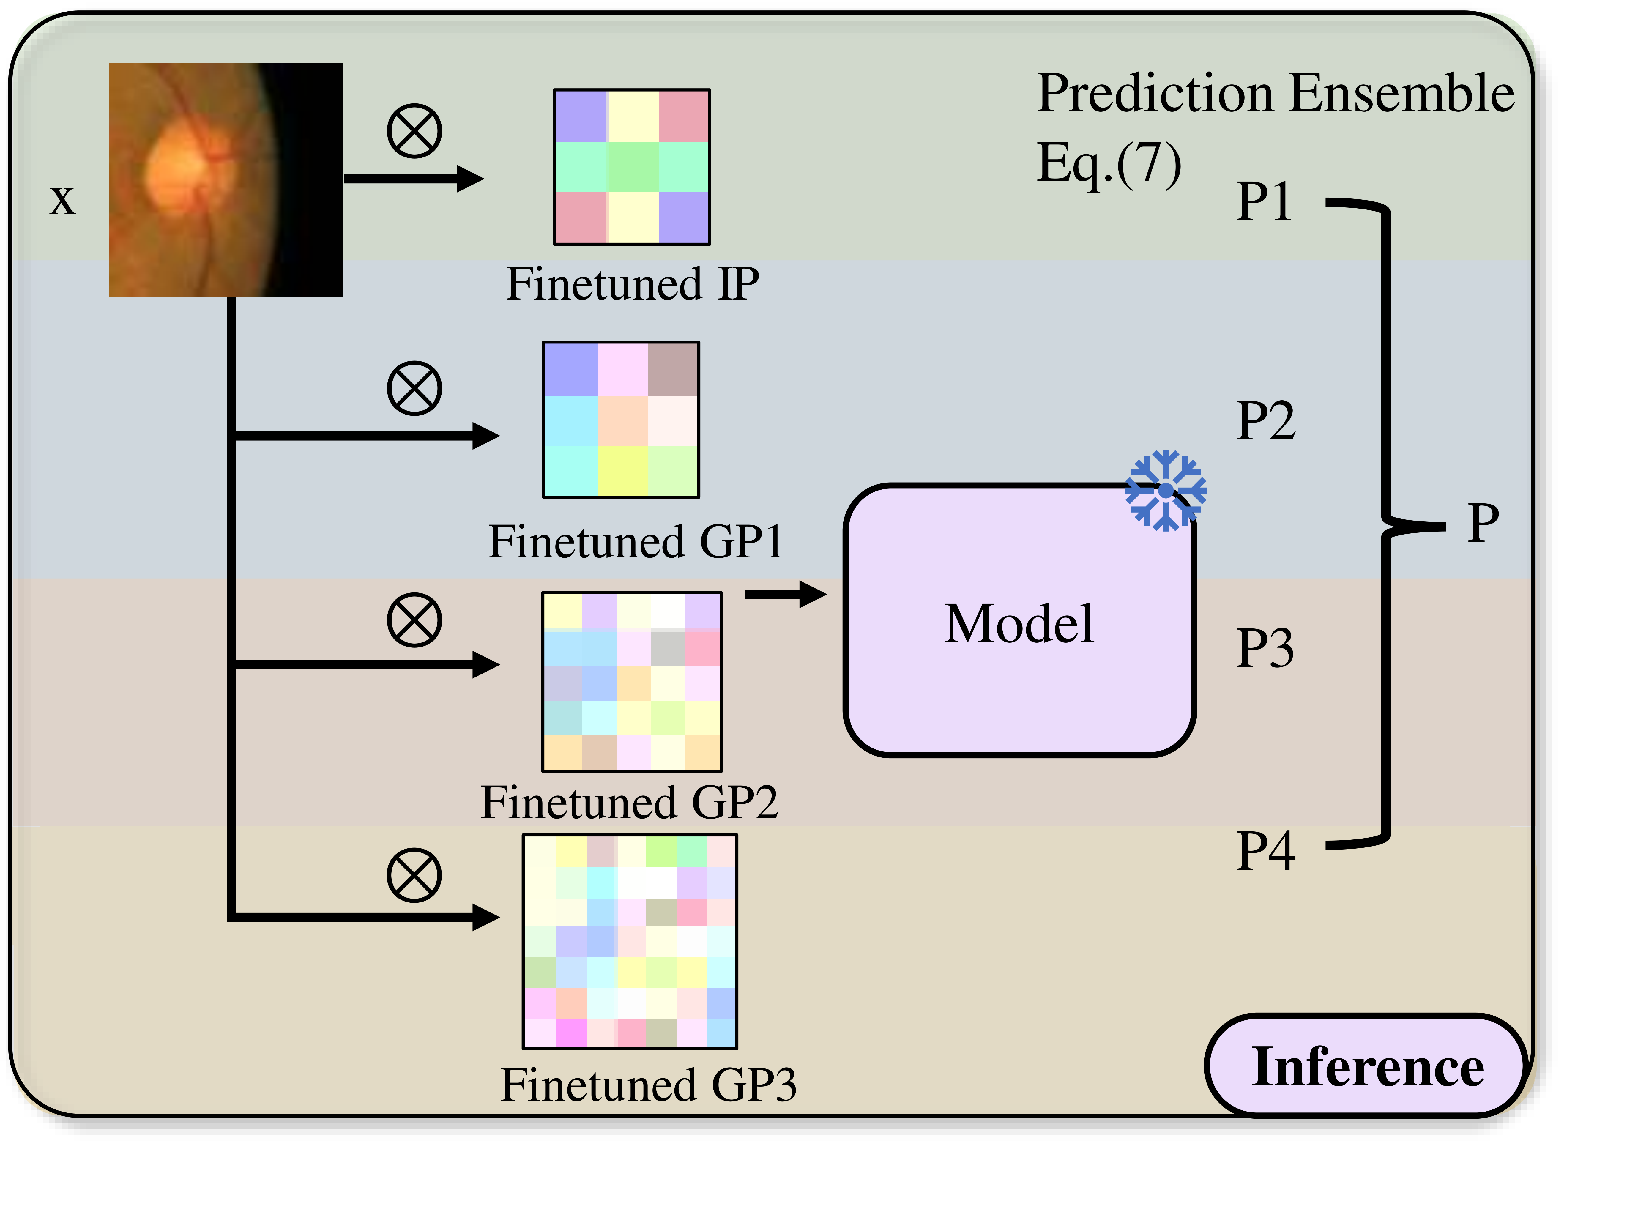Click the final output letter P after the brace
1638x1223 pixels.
(x=1483, y=524)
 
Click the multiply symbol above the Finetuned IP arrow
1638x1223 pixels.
(x=414, y=131)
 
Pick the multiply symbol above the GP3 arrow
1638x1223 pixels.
(x=414, y=875)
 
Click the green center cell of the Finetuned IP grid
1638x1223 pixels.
(x=632, y=167)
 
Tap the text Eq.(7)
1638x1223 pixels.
(x=1108, y=164)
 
